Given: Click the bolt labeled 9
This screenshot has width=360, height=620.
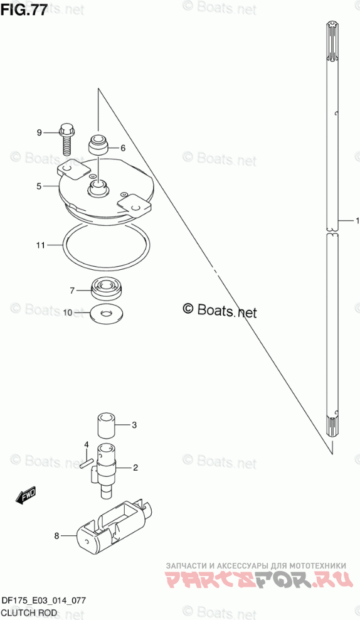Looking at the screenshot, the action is (67, 139).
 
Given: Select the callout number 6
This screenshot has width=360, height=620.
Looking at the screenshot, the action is (123, 148).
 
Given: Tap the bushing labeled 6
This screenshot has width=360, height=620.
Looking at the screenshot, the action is (97, 145).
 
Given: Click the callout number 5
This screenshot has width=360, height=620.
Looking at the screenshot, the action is (39, 186).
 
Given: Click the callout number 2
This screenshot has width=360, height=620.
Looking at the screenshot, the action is (135, 468).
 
